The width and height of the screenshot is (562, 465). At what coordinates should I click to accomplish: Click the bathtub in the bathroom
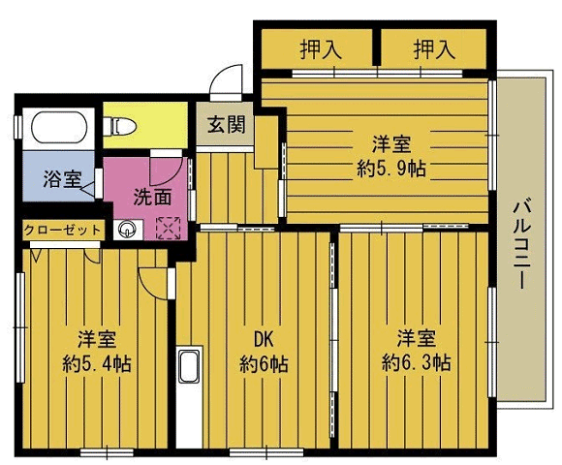point(59,128)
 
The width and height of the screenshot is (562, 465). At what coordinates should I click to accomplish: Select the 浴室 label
point(62,178)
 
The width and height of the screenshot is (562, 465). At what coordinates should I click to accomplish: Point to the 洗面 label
point(153,197)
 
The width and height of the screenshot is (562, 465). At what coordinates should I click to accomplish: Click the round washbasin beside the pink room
point(127,230)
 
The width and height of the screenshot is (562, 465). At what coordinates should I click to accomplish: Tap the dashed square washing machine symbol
point(168,228)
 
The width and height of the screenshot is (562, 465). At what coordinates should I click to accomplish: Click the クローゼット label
point(63,230)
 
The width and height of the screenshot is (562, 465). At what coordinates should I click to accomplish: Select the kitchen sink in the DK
point(189,367)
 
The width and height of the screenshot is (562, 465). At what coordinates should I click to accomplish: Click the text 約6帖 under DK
point(264,364)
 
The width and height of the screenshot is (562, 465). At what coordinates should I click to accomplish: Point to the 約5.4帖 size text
point(97,363)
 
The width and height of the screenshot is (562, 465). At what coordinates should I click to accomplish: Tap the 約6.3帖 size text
point(416,362)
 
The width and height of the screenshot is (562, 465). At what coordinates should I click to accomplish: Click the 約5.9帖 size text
point(391,168)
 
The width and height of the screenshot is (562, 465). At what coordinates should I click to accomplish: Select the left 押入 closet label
point(321,49)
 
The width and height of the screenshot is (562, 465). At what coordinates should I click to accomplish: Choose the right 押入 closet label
point(434,49)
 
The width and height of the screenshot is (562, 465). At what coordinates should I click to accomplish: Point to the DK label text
point(264,339)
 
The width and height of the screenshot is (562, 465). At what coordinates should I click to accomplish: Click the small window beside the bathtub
point(17,127)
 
